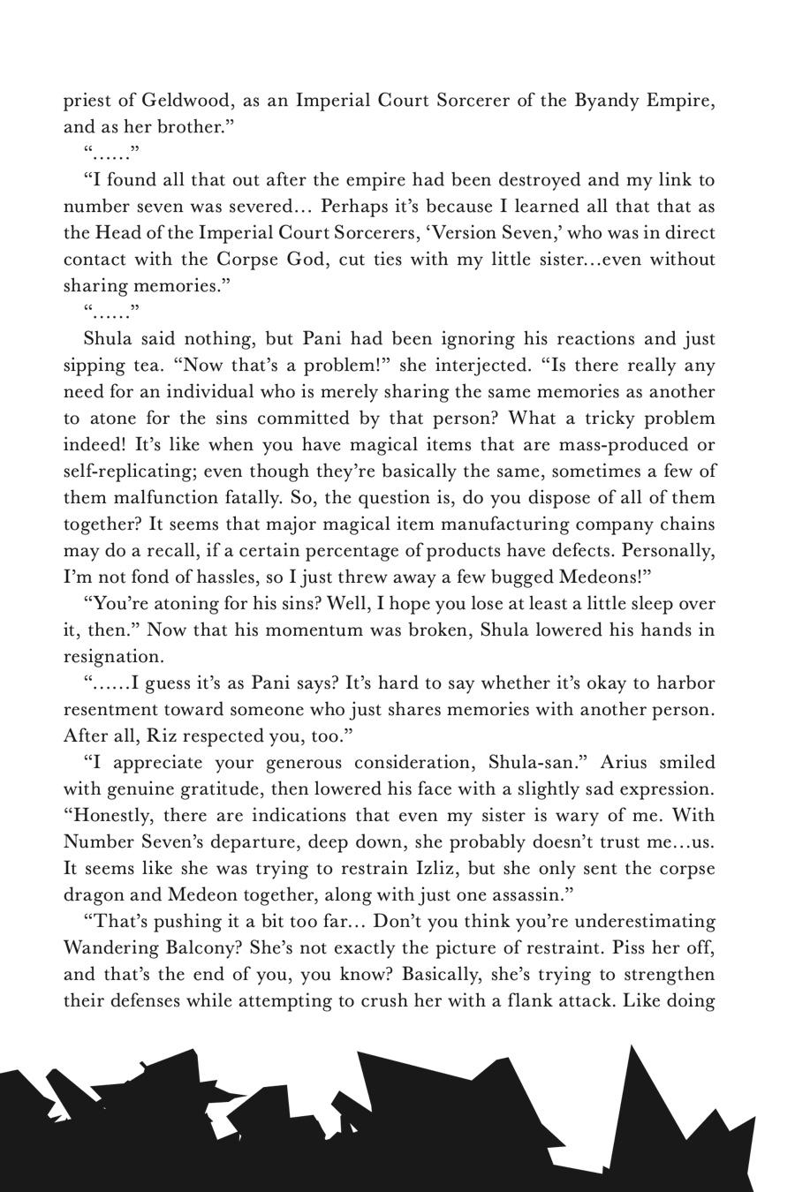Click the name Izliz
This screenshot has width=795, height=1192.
438,868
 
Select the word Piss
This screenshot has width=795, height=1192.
601,947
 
